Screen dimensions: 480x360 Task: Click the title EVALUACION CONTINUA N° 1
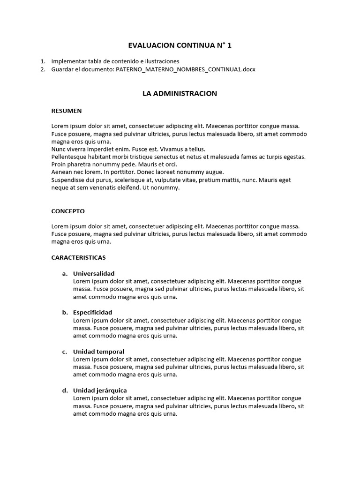[x=180, y=45]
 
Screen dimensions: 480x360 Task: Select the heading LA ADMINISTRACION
[x=180, y=93]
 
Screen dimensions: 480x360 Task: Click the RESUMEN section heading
[x=67, y=111]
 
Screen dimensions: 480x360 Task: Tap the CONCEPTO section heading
[x=68, y=211]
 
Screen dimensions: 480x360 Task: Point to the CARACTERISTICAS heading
[x=78, y=257]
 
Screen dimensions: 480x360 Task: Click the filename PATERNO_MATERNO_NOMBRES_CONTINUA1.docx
[x=186, y=69]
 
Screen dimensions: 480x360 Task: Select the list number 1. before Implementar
[x=43, y=61]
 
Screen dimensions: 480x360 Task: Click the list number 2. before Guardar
[x=43, y=69]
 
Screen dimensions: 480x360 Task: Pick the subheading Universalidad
[x=94, y=273]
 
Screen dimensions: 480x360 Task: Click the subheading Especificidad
[x=92, y=312]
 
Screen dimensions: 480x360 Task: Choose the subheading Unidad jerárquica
[x=100, y=390]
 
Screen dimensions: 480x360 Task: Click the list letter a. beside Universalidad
[x=65, y=273]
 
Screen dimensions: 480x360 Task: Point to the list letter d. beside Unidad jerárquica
[x=65, y=390]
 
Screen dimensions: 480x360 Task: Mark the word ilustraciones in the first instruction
[x=160, y=61]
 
